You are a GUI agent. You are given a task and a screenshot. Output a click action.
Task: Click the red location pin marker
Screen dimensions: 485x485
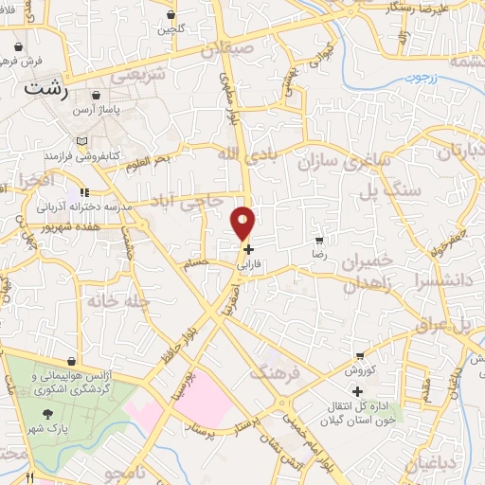click(243, 222)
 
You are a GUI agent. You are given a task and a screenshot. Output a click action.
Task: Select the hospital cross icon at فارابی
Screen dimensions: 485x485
click(248, 250)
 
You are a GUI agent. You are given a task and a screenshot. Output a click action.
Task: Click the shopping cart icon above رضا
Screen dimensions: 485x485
click(319, 240)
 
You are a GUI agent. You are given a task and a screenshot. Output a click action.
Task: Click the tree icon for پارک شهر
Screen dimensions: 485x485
click(46, 413)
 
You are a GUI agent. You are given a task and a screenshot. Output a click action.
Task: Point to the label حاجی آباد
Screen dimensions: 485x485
click(188, 200)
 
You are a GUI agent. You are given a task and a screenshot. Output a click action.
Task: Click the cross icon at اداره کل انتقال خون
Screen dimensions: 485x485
click(357, 391)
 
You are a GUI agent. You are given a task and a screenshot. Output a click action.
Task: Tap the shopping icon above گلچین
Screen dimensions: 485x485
click(171, 15)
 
